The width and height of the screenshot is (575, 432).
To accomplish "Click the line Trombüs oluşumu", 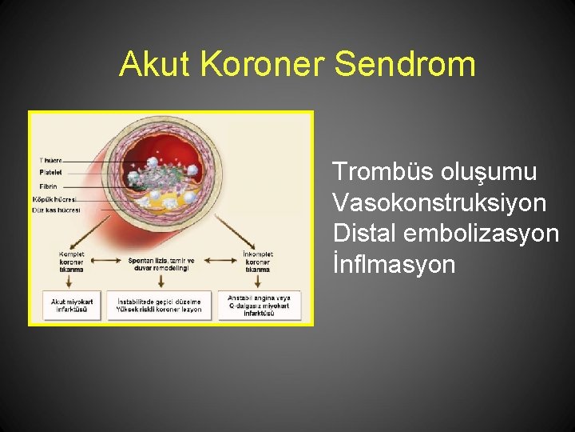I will pos(434,172).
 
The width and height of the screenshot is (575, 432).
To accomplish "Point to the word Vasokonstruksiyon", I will pos(439,202).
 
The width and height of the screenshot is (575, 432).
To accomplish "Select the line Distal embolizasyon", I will pos(446,233).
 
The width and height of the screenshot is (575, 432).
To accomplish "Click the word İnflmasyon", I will pos(394,264).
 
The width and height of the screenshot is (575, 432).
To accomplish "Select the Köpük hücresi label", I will pos(54,198).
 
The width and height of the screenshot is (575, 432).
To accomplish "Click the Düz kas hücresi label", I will pos(56,210).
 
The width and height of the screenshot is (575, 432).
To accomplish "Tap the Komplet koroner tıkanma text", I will pos(71,262).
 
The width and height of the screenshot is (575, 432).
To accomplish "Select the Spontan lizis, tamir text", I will pos(161,262).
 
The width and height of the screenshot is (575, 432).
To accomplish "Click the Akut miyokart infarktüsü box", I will pos(72,305).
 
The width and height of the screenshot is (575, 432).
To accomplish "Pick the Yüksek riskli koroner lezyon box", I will pos(159,305).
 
